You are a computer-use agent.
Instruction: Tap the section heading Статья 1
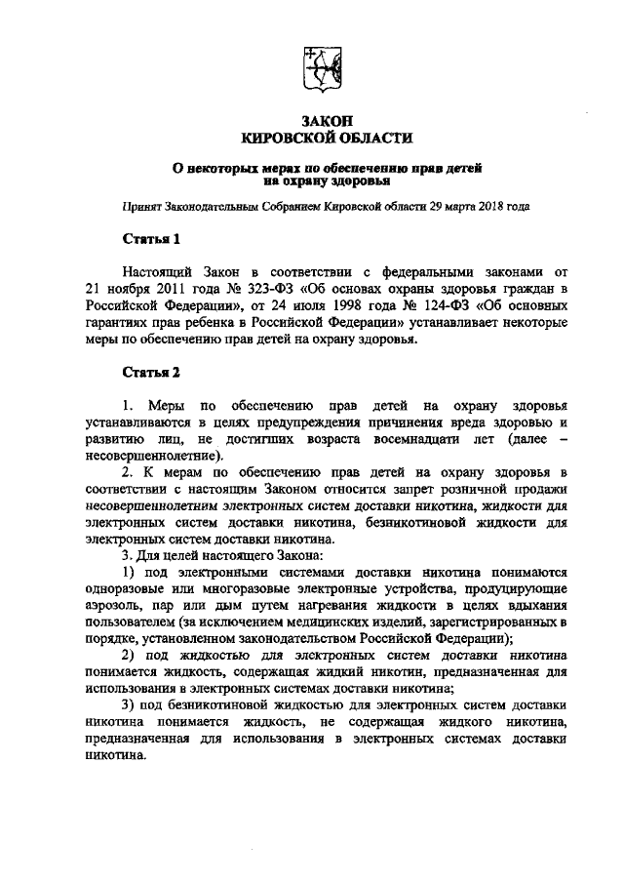click(148, 237)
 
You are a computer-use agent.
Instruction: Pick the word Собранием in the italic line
click(297, 207)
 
